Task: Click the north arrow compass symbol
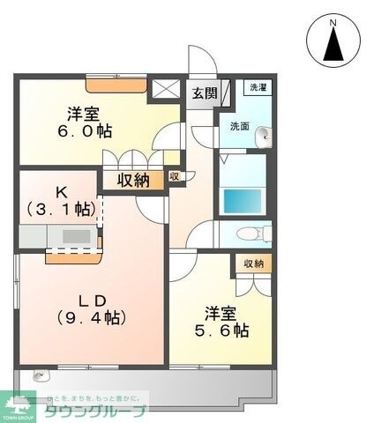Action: (x=333, y=40)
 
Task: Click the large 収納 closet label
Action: (x=134, y=180)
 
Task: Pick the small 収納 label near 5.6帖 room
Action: (x=255, y=263)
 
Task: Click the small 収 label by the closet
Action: (x=175, y=176)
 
